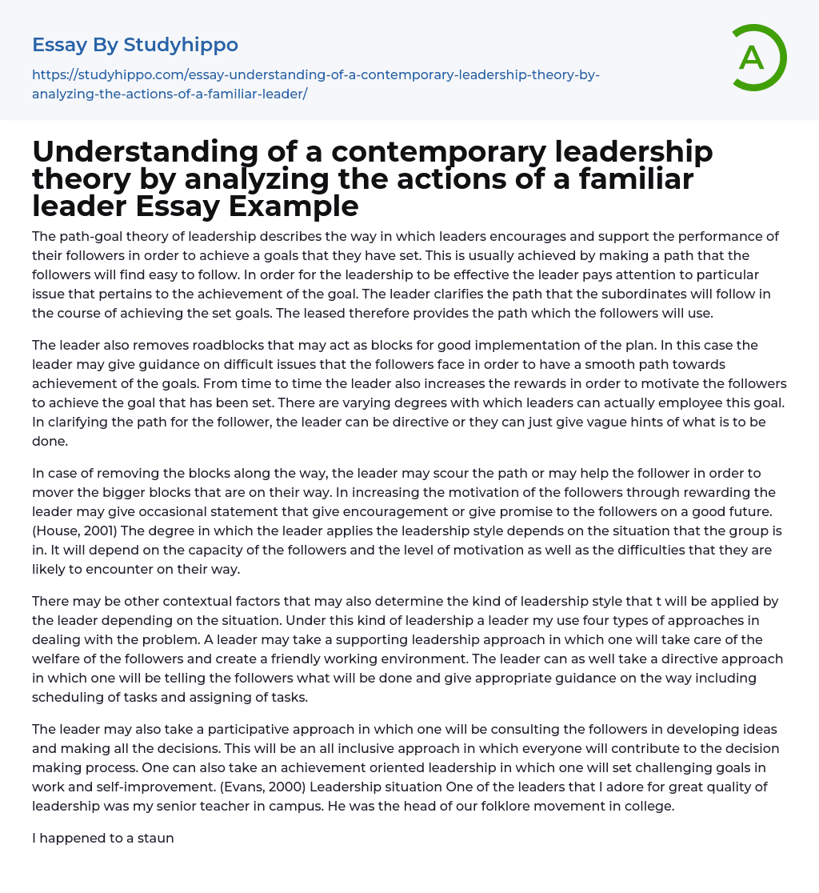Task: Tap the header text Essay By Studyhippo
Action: pos(135,45)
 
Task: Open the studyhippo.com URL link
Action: pos(315,84)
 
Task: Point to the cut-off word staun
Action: pos(156,839)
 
